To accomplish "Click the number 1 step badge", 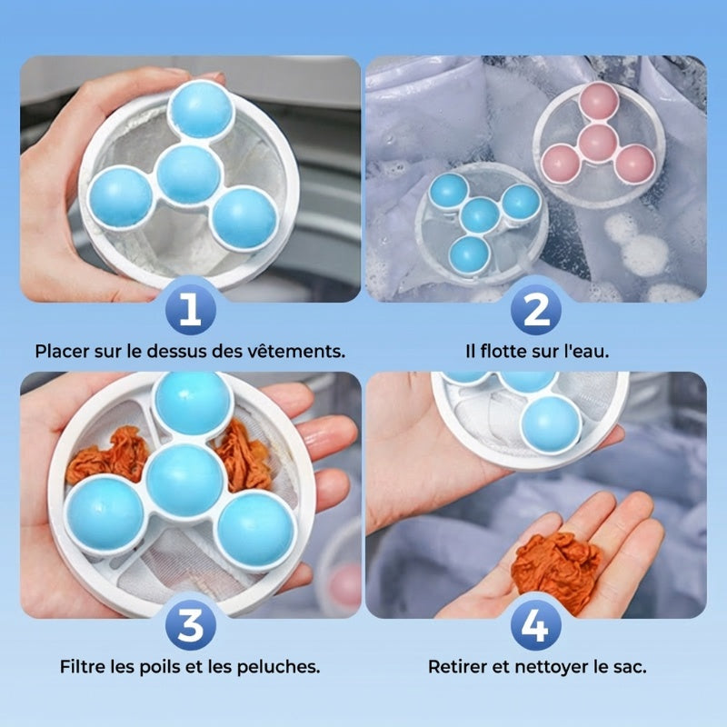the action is [x=191, y=309].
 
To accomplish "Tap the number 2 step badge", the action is [x=536, y=309].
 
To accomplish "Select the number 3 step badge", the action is [x=191, y=625].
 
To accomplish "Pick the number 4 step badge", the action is [x=536, y=625].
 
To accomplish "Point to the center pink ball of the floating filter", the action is [x=598, y=144].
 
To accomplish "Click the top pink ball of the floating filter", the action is [x=599, y=102].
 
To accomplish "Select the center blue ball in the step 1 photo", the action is [x=188, y=174].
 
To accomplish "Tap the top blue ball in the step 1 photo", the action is [x=201, y=109].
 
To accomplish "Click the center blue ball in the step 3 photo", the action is [x=185, y=481].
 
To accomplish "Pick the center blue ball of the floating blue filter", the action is [x=481, y=215].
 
